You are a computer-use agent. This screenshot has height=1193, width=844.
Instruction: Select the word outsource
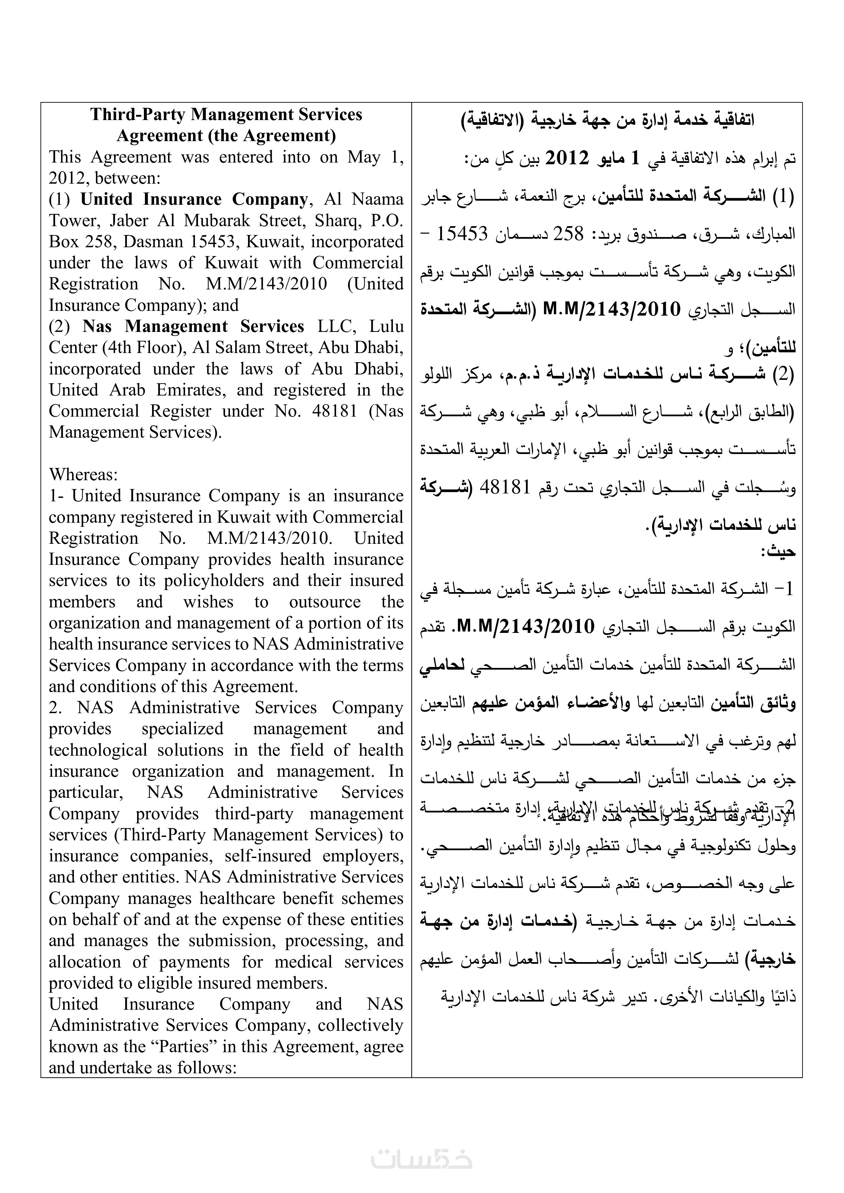pyautogui.click(x=325, y=602)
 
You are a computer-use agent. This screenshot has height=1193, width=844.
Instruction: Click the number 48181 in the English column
pyautogui.click(x=334, y=411)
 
